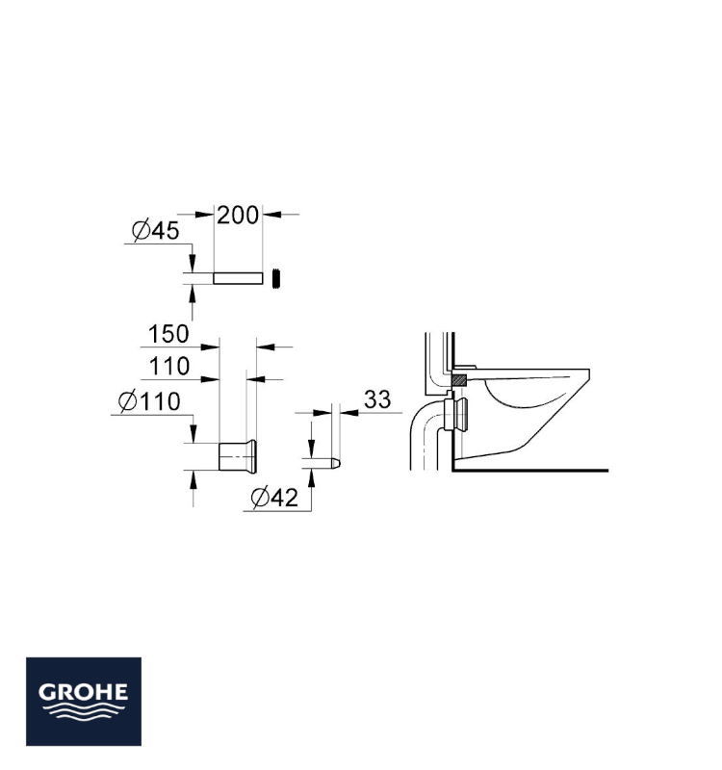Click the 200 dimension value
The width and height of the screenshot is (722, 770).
pos(238,216)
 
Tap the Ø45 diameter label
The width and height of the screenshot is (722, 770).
pos(156,231)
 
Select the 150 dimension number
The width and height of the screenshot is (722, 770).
pos(168,334)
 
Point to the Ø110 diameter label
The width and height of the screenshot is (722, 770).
pos(150,401)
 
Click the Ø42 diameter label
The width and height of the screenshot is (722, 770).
pos(274,498)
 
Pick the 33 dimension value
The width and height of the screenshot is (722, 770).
pos(377,399)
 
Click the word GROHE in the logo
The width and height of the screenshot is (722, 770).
pos(84,692)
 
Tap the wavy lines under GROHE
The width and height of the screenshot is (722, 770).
pos(84,711)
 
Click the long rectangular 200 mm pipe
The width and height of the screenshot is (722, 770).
pos(238,278)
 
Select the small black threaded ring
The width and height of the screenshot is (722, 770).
pos(277,278)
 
